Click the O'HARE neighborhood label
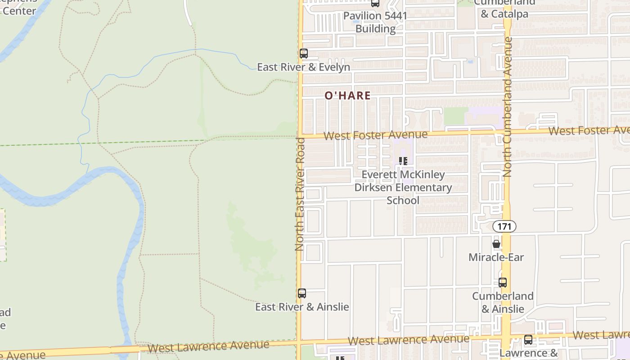[348, 95]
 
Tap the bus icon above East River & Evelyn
[304, 54]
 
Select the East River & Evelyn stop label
[303, 67]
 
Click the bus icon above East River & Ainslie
[302, 293]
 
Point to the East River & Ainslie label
[302, 307]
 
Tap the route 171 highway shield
[504, 226]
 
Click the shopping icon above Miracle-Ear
[496, 244]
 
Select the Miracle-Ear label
[496, 257]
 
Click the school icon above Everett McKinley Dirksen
[403, 161]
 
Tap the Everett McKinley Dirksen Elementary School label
[403, 187]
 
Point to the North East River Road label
[300, 194]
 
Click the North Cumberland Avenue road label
[508, 107]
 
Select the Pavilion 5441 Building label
[375, 22]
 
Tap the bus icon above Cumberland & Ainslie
[503, 283]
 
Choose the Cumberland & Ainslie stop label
[503, 302]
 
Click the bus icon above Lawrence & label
[528, 340]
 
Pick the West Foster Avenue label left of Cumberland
[375, 135]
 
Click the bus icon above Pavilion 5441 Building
[375, 4]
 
